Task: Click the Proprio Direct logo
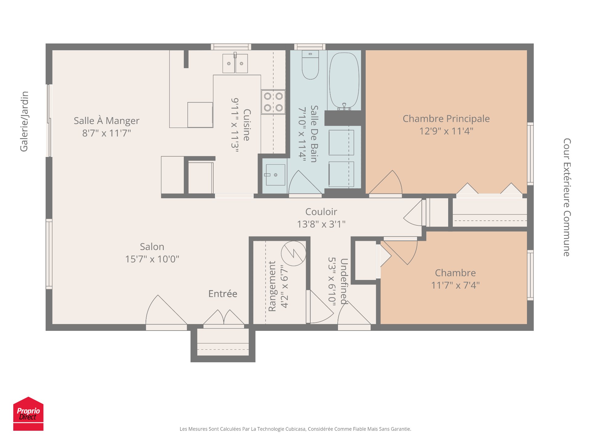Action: point(28,413)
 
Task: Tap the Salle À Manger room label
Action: point(107,121)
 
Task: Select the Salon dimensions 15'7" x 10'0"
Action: point(152,259)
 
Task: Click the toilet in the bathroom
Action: point(310,65)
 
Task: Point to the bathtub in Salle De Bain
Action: point(344,80)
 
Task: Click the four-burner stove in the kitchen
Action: point(273,102)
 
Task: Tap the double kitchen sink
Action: point(235,64)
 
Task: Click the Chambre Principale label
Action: point(446,119)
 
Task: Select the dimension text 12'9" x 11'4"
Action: point(446,131)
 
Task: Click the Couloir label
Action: point(321,212)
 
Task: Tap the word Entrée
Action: point(223,294)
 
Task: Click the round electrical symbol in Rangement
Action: point(293,253)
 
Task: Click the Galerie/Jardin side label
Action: point(24,121)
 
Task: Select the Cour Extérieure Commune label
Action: point(567,197)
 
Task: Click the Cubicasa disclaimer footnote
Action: point(295,429)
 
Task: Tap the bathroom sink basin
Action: point(275,175)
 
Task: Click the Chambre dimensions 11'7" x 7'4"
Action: point(455,285)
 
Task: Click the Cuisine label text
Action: point(247,125)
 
